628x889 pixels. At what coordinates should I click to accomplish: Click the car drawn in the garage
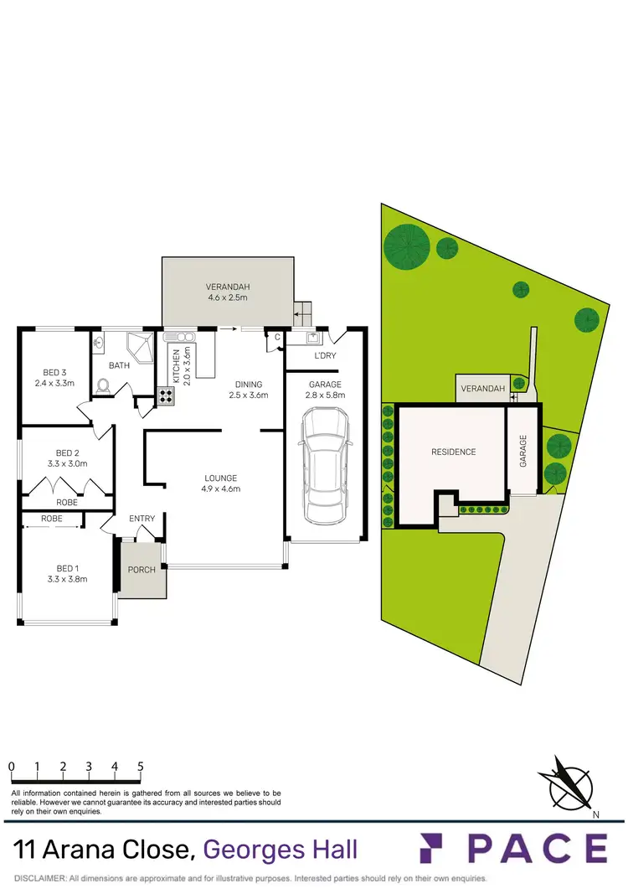pyautogui.click(x=324, y=465)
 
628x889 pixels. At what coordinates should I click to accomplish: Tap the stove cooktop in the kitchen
pyautogui.click(x=165, y=396)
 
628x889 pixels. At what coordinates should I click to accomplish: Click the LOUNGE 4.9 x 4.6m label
pyautogui.click(x=221, y=483)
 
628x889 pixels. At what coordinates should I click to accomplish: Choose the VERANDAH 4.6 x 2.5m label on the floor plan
pyautogui.click(x=228, y=292)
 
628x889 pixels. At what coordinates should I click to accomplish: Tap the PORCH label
pyautogui.click(x=141, y=569)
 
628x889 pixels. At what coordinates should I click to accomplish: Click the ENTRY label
pyautogui.click(x=142, y=519)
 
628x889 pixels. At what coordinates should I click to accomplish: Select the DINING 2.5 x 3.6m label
pyautogui.click(x=248, y=390)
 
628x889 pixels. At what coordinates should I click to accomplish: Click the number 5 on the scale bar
pyautogui.click(x=140, y=766)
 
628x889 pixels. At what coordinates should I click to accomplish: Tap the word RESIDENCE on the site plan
pyautogui.click(x=453, y=452)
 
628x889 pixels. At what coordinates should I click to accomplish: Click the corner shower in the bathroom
pyautogui.click(x=138, y=347)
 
